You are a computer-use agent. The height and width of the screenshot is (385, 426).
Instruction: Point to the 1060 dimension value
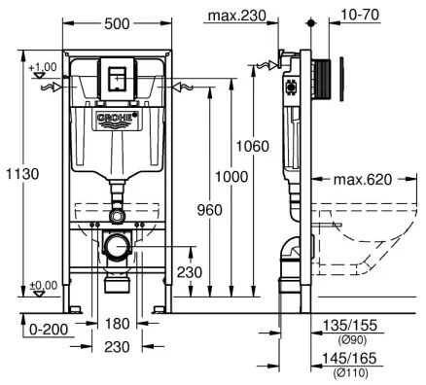250,146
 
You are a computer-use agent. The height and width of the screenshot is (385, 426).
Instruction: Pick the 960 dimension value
208,210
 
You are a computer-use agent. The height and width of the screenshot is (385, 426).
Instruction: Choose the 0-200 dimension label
49,329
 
